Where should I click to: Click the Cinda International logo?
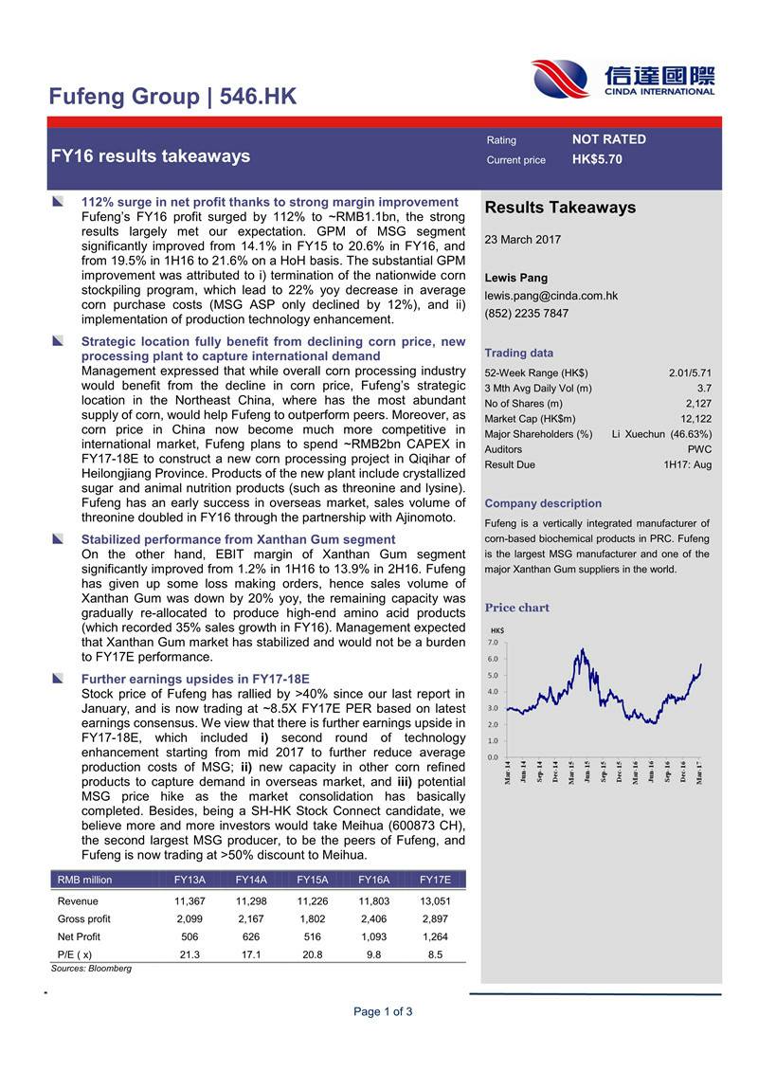623,79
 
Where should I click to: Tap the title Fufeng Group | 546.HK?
172,97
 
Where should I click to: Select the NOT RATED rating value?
609,139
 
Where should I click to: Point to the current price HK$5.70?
597,159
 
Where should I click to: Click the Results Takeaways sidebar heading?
560,208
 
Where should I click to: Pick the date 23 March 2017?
522,240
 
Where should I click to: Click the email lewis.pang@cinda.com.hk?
550,296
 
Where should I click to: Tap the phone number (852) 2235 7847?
527,314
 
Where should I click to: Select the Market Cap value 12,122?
695,419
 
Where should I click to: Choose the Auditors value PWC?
699,449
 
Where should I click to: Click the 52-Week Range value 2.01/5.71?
690,372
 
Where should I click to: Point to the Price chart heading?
516,608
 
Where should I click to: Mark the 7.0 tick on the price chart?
493,643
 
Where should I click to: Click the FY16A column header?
373,880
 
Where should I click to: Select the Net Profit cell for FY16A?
373,936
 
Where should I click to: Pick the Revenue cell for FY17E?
435,901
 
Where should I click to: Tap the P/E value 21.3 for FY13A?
189,954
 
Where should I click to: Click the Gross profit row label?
84,919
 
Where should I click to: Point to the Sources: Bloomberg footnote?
91,969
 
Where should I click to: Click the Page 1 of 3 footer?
383,1011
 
